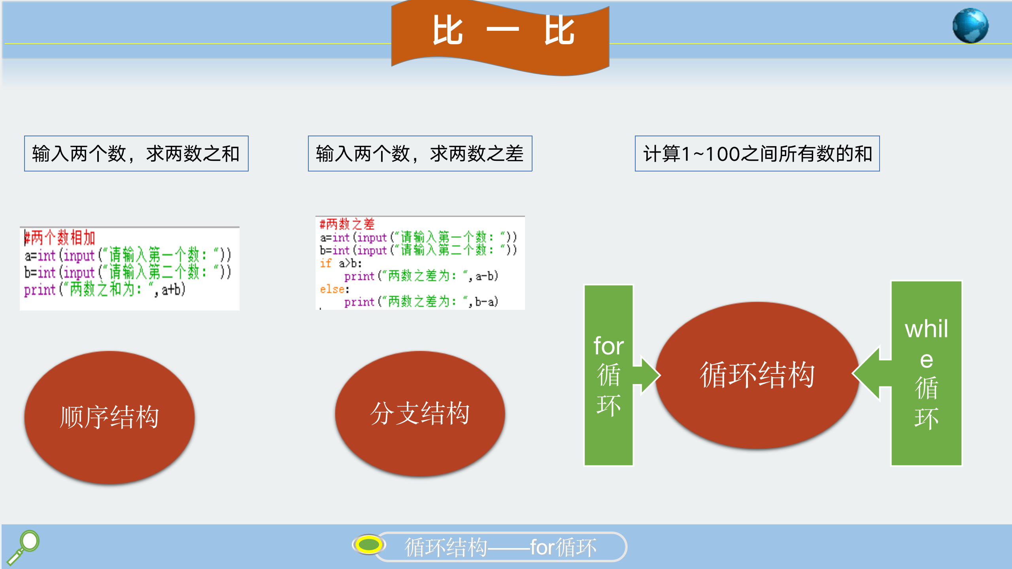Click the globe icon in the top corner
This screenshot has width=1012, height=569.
(970, 26)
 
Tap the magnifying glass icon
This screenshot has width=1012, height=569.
(23, 547)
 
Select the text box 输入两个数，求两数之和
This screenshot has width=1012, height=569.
(136, 153)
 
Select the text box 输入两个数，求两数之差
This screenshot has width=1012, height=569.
(420, 153)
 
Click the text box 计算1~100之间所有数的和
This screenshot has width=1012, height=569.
(757, 153)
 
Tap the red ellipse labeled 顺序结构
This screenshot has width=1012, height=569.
(110, 417)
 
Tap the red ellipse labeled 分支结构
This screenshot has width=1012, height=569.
(420, 413)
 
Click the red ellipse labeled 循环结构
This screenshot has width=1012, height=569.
(757, 375)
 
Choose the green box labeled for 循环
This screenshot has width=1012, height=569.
(609, 375)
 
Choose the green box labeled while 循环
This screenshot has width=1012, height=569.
(926, 373)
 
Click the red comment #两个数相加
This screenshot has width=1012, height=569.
(60, 238)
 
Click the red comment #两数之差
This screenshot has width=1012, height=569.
(347, 224)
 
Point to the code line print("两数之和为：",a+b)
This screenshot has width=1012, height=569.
(105, 290)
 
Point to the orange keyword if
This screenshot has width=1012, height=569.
(326, 263)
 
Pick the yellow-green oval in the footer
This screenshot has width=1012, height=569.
(368, 545)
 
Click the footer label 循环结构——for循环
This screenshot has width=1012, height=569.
(500, 547)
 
